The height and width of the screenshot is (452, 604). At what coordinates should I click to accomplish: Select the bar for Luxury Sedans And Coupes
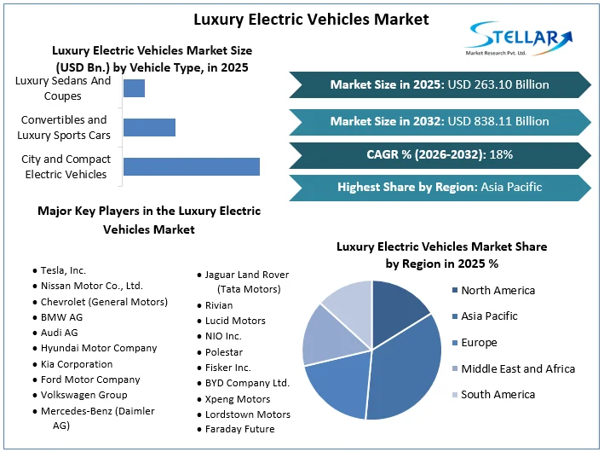[x=134, y=88]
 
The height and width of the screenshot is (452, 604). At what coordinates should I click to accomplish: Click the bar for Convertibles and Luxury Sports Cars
[x=149, y=127]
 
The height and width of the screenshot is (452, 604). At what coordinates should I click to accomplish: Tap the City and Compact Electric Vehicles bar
[x=191, y=166]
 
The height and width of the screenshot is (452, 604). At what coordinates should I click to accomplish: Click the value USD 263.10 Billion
[x=498, y=84]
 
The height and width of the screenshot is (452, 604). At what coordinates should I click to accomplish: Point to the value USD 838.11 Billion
[x=498, y=121]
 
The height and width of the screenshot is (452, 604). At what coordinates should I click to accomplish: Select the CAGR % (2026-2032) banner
[x=440, y=154]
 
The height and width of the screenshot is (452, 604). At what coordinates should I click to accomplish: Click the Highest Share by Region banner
[x=440, y=187]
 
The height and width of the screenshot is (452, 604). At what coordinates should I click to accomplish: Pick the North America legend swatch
[x=454, y=291]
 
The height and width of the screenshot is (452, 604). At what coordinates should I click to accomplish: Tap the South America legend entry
[x=498, y=394]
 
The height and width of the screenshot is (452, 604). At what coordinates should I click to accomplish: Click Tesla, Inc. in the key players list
[x=64, y=270]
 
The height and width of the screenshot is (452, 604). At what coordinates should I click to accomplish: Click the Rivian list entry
[x=219, y=304]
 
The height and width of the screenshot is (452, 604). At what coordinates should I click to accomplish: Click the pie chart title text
[x=441, y=255]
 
